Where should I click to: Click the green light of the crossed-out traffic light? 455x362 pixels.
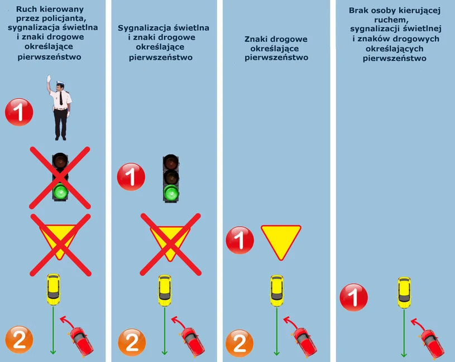[x=60, y=193]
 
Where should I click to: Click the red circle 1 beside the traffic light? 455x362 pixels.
[x=131, y=178]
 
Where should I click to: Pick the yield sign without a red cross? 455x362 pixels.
[x=281, y=241]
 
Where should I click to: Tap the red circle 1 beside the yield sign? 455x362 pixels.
[x=240, y=241]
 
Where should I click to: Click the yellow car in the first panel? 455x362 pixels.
[x=53, y=289]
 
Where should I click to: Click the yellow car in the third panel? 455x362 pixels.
[x=276, y=289]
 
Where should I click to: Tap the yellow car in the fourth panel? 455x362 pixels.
[x=404, y=292]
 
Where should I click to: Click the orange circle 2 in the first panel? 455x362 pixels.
[x=19, y=340]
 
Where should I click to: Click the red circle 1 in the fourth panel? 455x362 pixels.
[x=354, y=297]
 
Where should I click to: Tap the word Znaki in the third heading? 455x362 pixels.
[x=257, y=39]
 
